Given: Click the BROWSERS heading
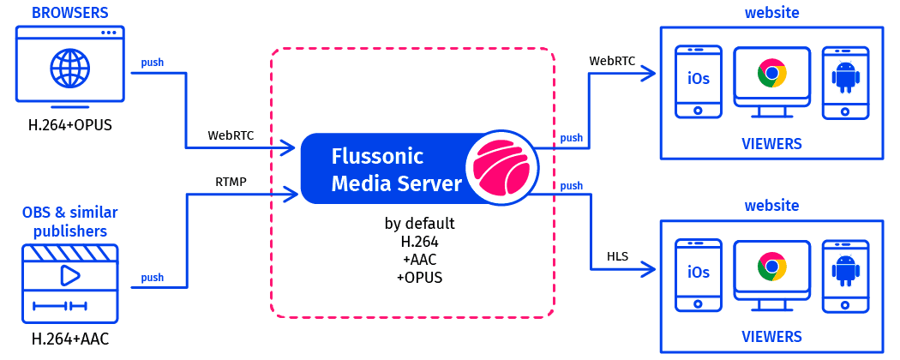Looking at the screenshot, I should pyautogui.click(x=70, y=12).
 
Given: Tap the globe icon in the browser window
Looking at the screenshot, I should pyautogui.click(x=70, y=67).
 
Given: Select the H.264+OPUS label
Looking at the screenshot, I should pyautogui.click(x=70, y=126).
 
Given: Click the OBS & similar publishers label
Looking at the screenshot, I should pyautogui.click(x=70, y=221).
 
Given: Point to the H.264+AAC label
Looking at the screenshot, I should pyautogui.click(x=70, y=340).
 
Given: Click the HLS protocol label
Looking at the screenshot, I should pyautogui.click(x=617, y=256).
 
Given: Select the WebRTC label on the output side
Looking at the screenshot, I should pyautogui.click(x=611, y=61).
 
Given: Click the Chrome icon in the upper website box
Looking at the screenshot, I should pyautogui.click(x=771, y=75).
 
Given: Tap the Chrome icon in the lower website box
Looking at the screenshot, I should pyautogui.click(x=771, y=268).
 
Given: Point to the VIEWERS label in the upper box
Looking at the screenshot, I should pyautogui.click(x=771, y=142).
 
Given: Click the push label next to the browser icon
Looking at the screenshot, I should pyautogui.click(x=153, y=63).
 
